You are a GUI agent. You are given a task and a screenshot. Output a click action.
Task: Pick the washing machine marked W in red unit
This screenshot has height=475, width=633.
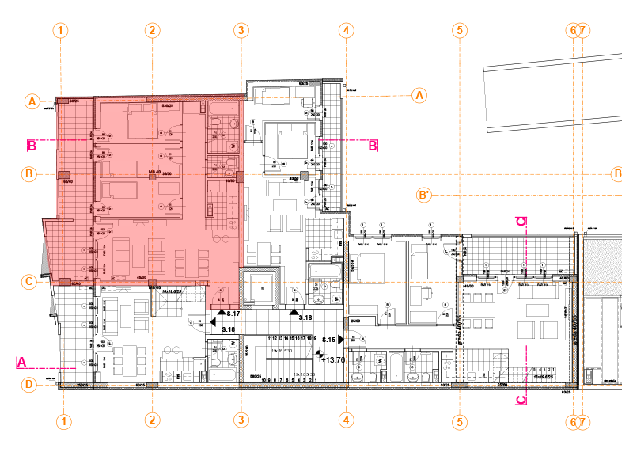point(233,146)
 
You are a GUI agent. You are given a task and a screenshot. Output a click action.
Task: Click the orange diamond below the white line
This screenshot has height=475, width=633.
point(578,89)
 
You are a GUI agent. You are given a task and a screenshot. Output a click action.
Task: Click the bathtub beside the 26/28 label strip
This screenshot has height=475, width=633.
point(323,272)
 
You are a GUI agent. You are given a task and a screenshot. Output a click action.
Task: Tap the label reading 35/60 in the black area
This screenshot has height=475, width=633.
point(355,321)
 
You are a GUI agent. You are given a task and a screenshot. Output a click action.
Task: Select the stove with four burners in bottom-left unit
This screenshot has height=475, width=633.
point(171,375)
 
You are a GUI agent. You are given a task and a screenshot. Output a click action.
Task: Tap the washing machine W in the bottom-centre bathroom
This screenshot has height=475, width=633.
point(378,359)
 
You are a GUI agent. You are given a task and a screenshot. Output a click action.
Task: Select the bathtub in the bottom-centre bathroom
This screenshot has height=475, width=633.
point(396,366)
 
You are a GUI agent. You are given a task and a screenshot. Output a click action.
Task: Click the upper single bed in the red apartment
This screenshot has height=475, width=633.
point(119,169)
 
